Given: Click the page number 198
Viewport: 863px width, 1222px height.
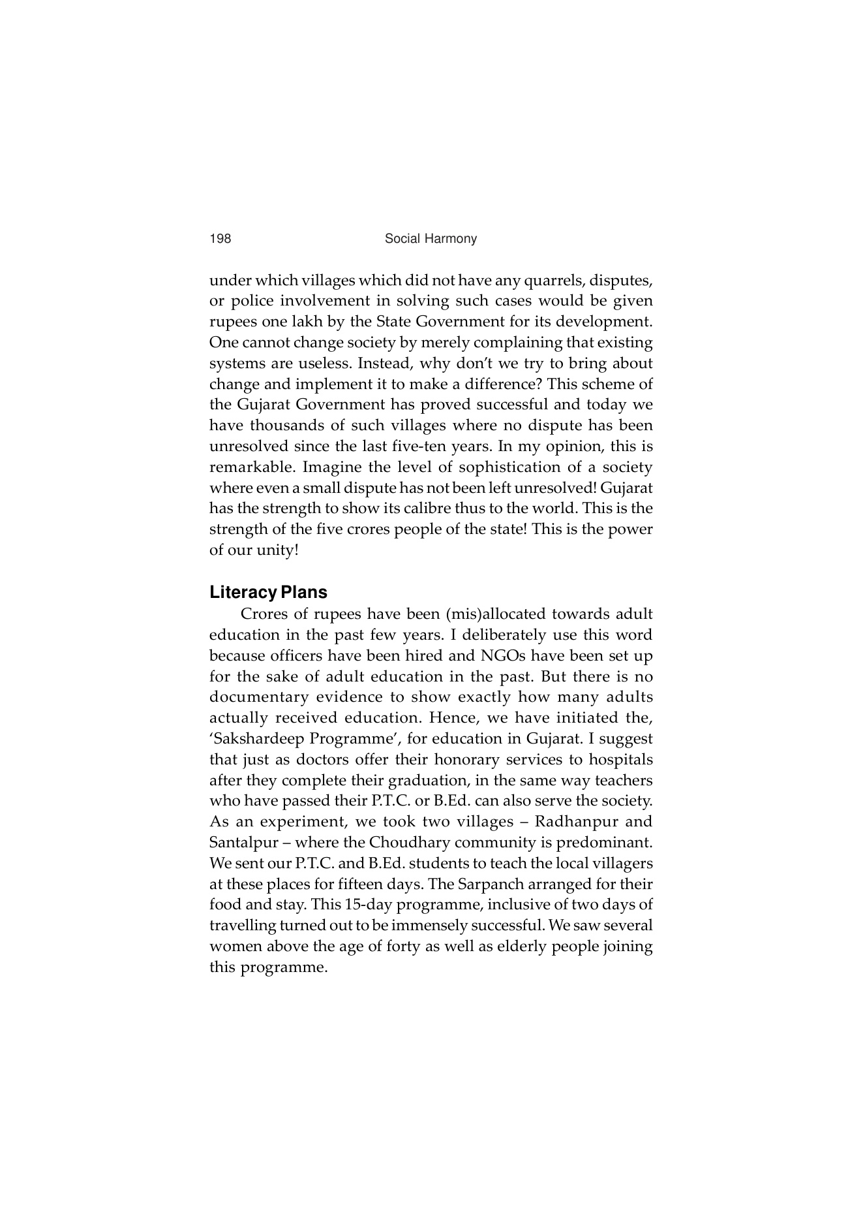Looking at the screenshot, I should pos(220,239).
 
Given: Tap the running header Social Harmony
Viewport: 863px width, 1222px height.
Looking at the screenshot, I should pos(431,239).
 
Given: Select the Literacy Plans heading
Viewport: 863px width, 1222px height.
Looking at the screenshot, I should pos(268,593).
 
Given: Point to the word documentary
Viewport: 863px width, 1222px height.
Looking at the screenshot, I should pos(258,697).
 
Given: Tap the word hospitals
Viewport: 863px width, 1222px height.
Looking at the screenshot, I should pos(620,760).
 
